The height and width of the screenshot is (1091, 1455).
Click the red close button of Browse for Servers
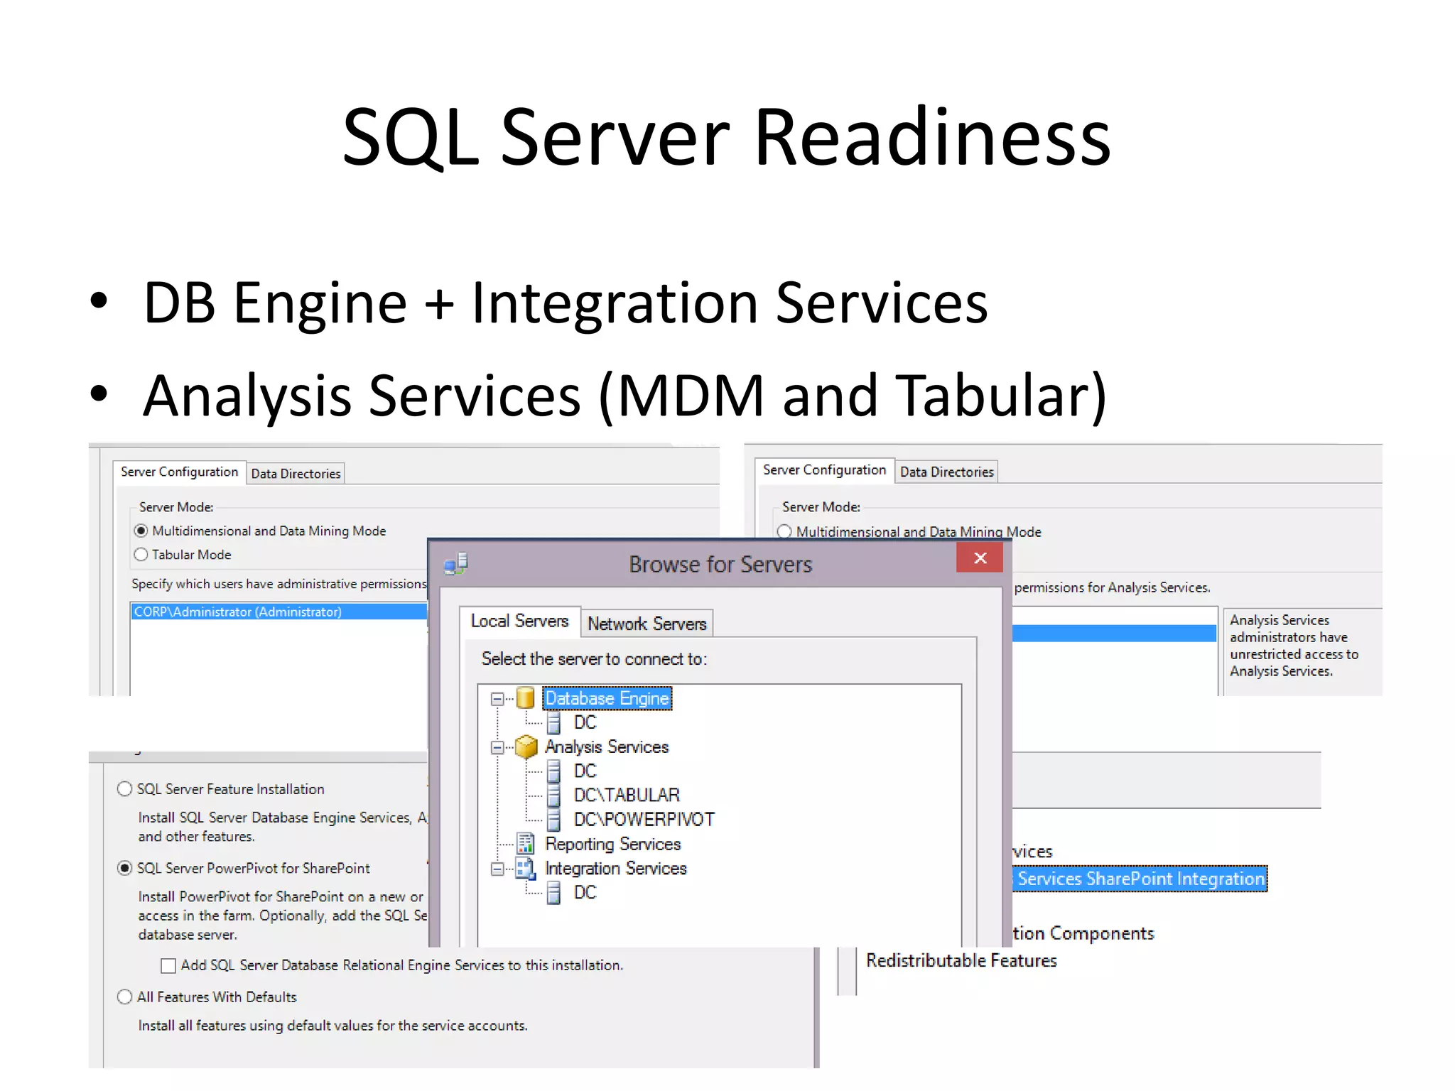[980, 558]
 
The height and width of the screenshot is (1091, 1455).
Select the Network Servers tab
[647, 624]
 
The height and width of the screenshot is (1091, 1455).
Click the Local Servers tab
[519, 622]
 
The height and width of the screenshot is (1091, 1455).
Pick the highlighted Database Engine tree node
[607, 698]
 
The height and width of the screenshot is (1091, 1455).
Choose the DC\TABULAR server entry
[627, 795]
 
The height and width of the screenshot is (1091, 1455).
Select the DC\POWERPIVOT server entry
[644, 819]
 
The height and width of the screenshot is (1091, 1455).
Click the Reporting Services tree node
[612, 844]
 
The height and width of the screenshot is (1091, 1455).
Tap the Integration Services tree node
[615, 868]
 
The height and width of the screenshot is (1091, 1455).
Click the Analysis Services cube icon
[526, 747]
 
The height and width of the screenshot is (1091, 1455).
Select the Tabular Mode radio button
[141, 555]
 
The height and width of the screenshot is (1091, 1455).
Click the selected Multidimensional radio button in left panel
[141, 531]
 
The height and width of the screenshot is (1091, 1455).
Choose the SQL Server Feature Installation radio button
[125, 789]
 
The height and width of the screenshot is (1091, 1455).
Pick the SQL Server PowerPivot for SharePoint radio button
[125, 868]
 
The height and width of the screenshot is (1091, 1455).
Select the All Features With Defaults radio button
[125, 997]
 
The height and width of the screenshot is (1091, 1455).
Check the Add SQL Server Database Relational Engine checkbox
[168, 966]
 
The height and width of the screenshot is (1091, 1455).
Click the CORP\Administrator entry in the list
[238, 612]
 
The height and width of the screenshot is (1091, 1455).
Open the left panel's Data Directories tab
[296, 474]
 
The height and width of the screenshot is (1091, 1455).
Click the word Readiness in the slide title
[932, 137]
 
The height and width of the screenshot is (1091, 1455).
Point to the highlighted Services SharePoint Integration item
[1140, 879]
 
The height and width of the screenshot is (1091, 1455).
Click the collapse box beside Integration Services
[497, 869]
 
